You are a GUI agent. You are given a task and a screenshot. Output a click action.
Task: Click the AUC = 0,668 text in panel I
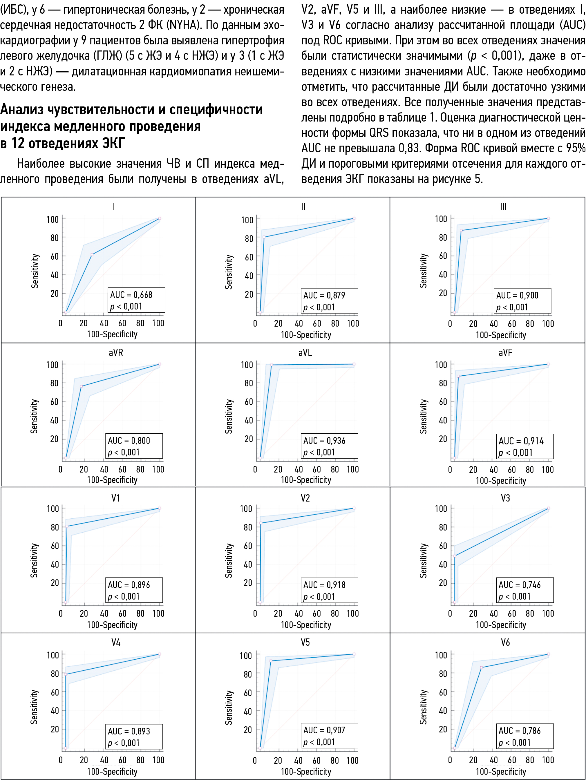[x=131, y=295]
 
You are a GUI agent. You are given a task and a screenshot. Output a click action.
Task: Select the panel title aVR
[x=116, y=353]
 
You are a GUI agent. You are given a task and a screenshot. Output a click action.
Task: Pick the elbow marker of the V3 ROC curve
[x=455, y=556]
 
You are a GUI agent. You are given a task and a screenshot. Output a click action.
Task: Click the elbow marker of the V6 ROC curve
[x=481, y=667]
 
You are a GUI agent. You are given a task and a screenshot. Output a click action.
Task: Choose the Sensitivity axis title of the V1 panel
[x=34, y=560]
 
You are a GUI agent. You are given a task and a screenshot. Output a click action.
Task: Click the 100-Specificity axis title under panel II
[x=306, y=335]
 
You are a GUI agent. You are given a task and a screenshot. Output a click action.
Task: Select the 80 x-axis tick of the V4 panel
[x=140, y=760]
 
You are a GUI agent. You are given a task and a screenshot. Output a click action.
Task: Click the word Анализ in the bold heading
[x=22, y=110]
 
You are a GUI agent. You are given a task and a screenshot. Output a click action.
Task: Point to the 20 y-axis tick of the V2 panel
[x=248, y=583]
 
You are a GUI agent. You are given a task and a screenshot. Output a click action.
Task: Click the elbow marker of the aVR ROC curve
[x=81, y=386]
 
